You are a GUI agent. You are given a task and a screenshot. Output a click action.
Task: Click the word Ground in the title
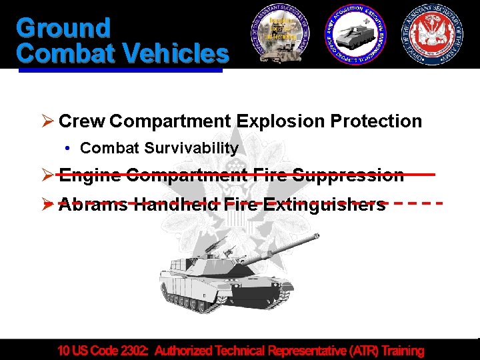coord(63,28)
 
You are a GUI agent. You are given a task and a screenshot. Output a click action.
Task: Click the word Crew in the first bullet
coord(82,121)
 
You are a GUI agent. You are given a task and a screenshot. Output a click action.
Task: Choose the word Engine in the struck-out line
coord(89,175)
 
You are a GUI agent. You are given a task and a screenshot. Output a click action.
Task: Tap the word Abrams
coord(93,204)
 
